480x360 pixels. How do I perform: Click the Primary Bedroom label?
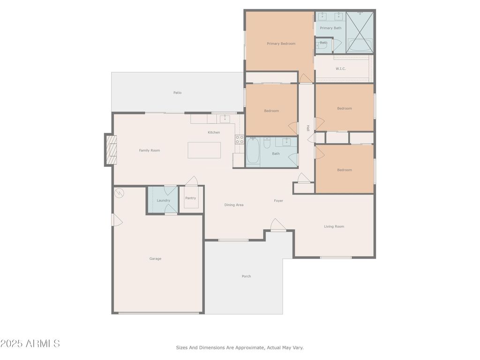pos(281,44)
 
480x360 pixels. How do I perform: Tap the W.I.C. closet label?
pos(340,69)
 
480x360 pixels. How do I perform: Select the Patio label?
pos(178,93)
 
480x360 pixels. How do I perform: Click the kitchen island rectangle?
pos(204,150)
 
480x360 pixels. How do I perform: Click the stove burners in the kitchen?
pos(240,140)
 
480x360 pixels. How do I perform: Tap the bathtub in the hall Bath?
pos(253,151)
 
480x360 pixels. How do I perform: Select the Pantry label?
pos(190,198)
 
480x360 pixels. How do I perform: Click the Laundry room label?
pos(163,201)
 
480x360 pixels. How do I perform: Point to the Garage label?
pos(155,259)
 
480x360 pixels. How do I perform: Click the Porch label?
pos(246,277)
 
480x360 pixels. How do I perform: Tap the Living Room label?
pos(334,226)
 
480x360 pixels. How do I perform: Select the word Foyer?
pos(278,201)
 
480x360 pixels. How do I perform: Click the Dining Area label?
pos(234,205)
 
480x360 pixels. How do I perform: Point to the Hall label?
pos(308,128)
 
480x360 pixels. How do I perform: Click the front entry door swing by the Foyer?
pos(277,225)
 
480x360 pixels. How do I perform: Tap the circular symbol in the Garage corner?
pos(119,193)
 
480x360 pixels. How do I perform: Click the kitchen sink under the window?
pos(225,119)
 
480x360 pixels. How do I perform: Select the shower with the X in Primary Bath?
pos(360,32)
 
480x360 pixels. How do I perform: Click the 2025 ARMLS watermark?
pos(30,344)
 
